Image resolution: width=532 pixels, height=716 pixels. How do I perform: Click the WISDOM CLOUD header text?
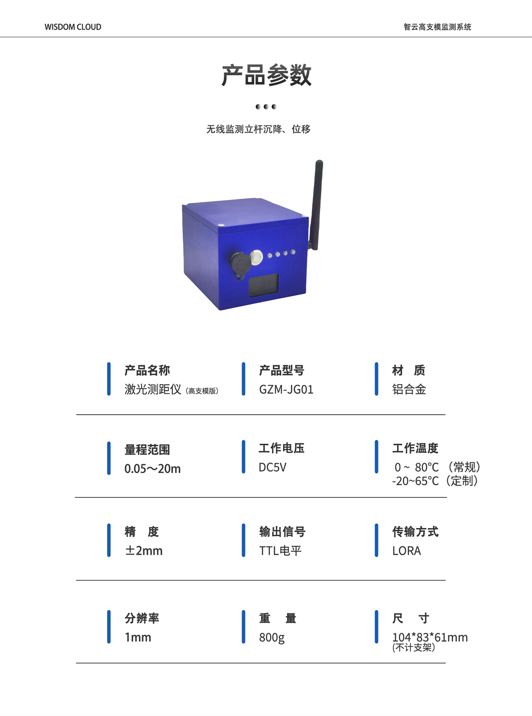tap(73, 27)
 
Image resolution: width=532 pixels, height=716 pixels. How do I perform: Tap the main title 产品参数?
tap(266, 75)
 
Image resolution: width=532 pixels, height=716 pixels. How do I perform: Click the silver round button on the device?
tap(256, 257)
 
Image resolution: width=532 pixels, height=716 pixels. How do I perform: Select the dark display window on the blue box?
tap(264, 285)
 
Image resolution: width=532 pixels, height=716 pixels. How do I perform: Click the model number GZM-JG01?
tap(286, 390)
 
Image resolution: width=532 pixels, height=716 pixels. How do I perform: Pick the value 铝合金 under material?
tap(409, 390)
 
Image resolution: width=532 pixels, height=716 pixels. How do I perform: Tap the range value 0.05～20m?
tap(152, 468)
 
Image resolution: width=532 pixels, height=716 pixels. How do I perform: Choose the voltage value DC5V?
tap(272, 467)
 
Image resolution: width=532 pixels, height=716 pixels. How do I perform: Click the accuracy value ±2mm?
tap(144, 551)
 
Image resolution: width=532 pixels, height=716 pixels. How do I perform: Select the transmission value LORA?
tap(407, 551)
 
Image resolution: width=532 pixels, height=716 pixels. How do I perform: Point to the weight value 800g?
tap(272, 638)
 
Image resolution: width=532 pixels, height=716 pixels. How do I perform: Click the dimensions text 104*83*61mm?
tap(430, 637)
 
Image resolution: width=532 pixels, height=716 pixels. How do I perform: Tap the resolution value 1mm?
tap(138, 637)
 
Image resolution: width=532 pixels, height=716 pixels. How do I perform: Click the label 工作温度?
tap(415, 448)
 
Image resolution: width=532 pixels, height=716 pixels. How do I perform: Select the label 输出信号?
tap(282, 532)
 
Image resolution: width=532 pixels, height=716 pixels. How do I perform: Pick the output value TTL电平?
tap(280, 551)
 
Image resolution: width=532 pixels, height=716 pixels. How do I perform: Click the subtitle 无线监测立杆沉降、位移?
tap(258, 129)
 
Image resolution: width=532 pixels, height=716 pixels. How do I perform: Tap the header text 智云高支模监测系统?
tap(437, 27)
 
